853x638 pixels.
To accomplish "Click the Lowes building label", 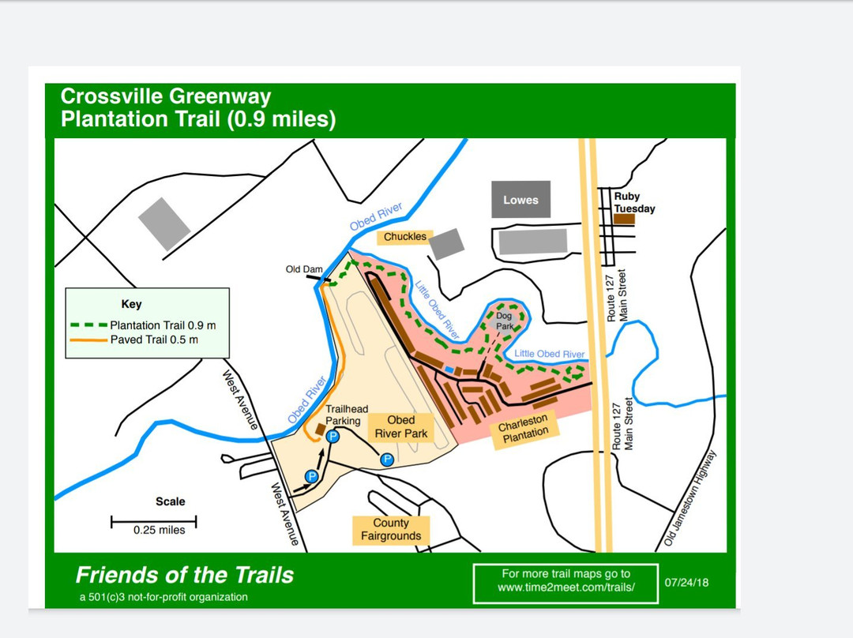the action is point(520,200).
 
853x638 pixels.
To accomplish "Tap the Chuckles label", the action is point(405,236).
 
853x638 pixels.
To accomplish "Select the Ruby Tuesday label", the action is point(634,203).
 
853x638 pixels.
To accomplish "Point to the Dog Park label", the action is point(504,321).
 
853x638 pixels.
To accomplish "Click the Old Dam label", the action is point(304,269).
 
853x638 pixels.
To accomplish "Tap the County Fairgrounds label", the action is point(391,530).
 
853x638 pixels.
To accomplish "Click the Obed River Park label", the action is point(407,426).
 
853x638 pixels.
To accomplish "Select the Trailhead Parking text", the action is point(347,415).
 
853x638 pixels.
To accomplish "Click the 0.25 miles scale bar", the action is point(153,521).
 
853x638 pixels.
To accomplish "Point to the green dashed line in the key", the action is point(88,325).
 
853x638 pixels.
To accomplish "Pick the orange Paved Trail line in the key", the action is point(88,340).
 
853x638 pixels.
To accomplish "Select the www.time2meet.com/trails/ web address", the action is point(566,588).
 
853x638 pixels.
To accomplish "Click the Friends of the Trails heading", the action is point(184,575).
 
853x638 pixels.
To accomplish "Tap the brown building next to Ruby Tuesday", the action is point(624,219).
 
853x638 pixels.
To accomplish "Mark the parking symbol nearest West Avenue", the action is point(312,476).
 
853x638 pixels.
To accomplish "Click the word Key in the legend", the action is point(131,304).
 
